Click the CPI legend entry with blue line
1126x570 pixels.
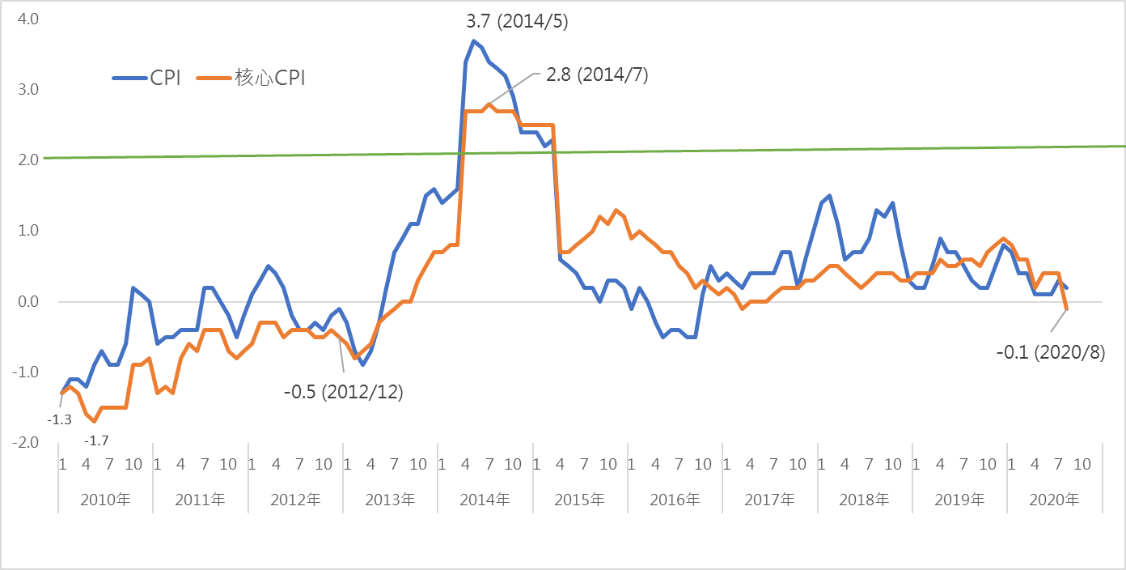point(146,79)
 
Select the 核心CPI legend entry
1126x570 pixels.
point(252,79)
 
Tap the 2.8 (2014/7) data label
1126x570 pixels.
point(598,74)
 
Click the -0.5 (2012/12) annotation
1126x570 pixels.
point(343,392)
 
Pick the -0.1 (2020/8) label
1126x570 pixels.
point(1050,351)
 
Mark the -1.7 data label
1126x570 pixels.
point(96,440)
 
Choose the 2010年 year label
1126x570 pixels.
point(105,500)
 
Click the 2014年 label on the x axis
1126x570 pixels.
point(485,500)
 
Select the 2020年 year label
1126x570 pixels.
point(1054,500)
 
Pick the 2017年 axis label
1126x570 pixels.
point(769,500)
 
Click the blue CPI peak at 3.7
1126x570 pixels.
point(474,41)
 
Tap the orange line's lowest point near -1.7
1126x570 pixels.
point(94,421)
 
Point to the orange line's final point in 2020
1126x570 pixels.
point(1067,308)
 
